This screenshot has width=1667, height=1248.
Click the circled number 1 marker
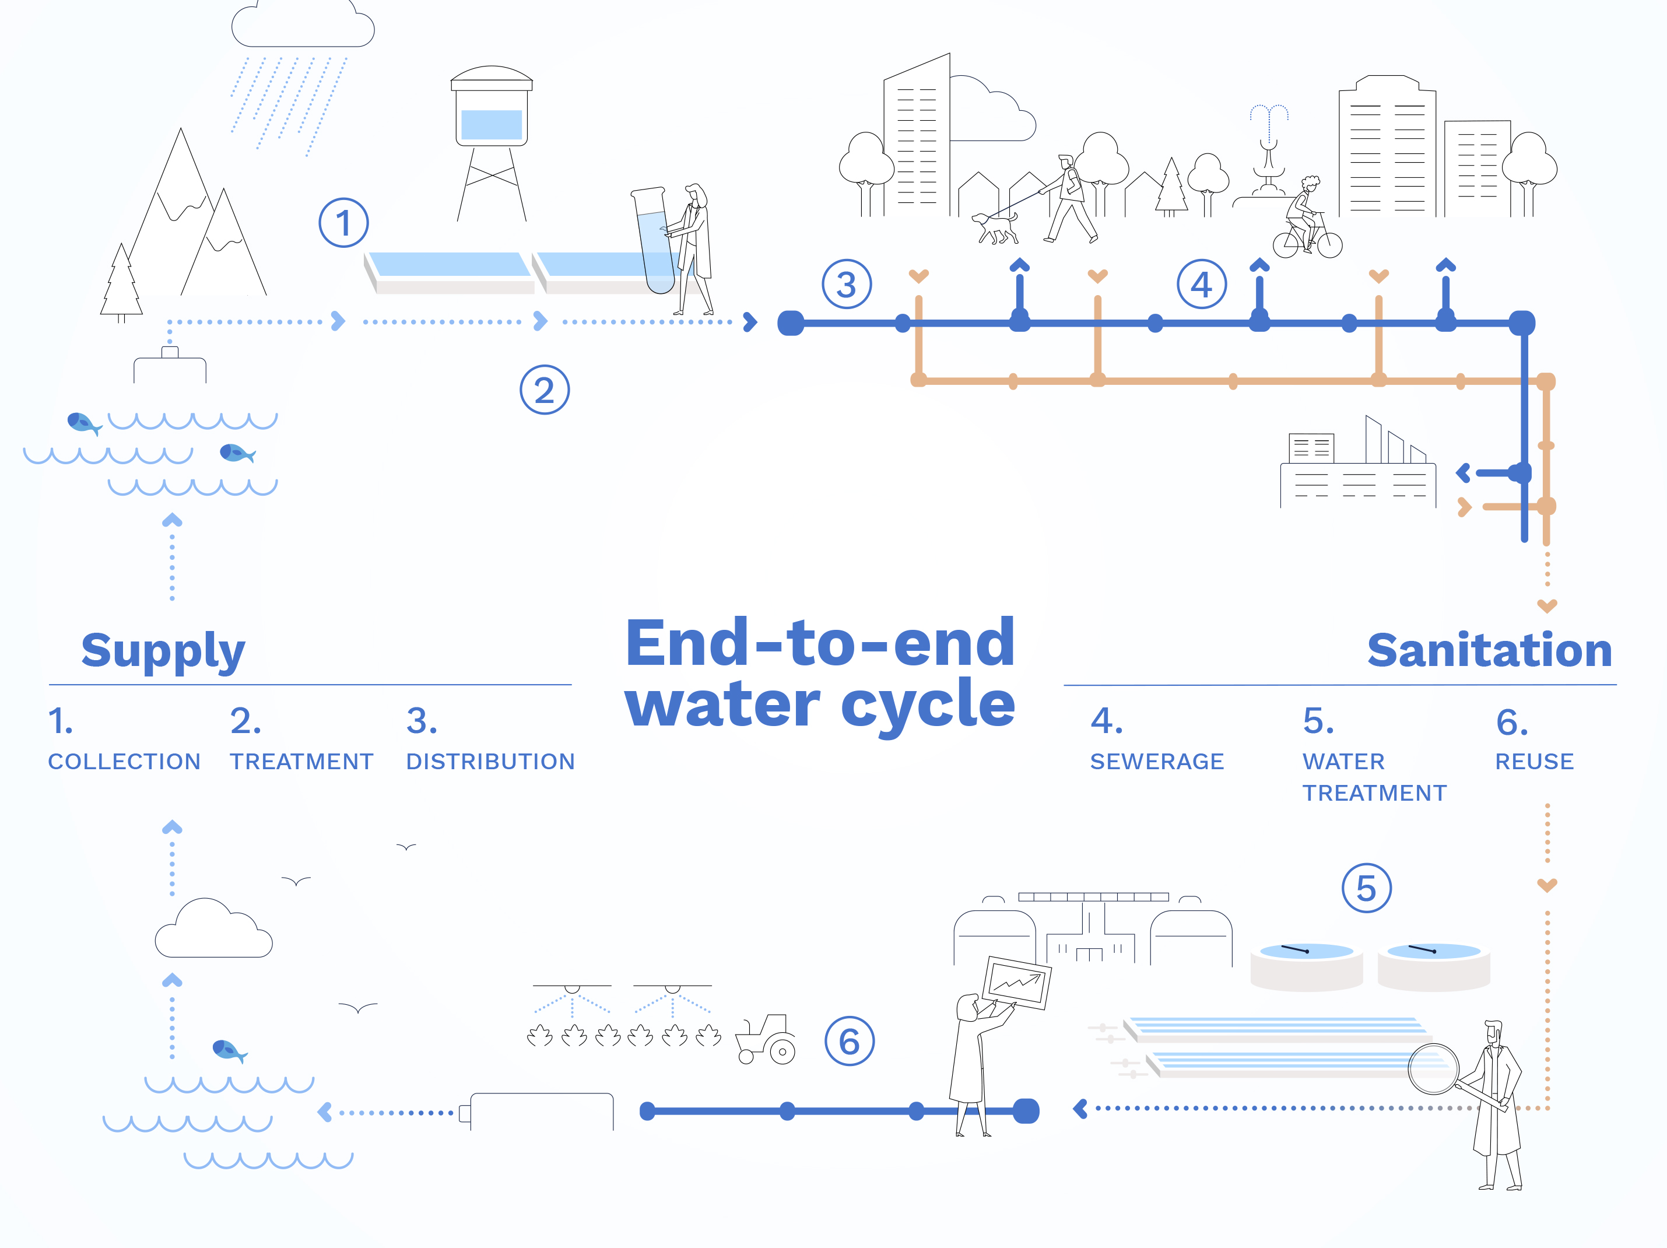click(x=343, y=223)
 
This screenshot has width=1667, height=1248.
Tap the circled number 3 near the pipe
click(x=846, y=285)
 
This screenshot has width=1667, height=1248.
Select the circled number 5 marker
click(x=1366, y=889)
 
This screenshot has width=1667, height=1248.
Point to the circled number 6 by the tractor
click(x=850, y=1042)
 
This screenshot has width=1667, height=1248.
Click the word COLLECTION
click(x=124, y=762)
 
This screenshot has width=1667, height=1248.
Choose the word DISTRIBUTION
click(x=490, y=762)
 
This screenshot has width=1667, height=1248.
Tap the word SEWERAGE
click(x=1157, y=762)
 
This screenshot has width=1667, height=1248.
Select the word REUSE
click(x=1535, y=762)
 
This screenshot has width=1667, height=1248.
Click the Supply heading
click(x=163, y=651)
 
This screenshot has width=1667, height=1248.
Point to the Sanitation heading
click(x=1489, y=651)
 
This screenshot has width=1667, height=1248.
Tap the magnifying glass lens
click(x=1433, y=1068)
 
